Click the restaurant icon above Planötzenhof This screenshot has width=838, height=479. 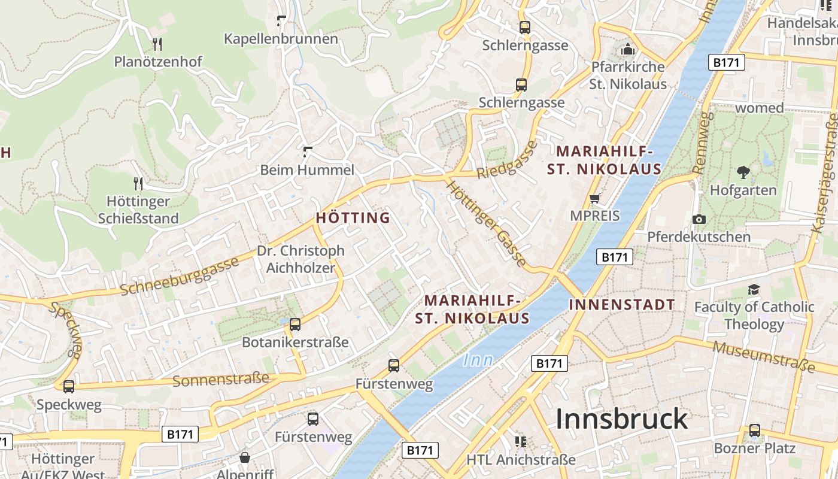[157, 44]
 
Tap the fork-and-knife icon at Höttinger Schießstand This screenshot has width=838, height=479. [138, 183]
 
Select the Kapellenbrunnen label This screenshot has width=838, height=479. [281, 39]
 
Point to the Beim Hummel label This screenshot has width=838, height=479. [307, 170]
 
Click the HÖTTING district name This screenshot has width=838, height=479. [353, 218]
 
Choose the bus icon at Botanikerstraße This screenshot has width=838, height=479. [294, 325]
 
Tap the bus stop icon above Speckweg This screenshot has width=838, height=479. [69, 387]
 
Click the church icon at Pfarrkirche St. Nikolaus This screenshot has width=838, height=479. [627, 49]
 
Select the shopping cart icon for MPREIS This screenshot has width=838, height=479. [594, 198]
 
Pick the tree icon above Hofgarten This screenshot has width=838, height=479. [743, 173]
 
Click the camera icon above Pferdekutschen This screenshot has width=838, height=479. [699, 219]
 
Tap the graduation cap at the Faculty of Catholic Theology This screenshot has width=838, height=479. [754, 290]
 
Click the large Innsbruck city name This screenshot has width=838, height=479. [622, 419]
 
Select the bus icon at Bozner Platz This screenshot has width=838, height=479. [754, 431]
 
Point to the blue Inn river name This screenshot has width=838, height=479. [478, 360]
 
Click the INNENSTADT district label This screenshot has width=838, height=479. [622, 305]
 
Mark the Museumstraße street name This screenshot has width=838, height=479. [764, 356]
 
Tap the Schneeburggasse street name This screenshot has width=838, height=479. [180, 276]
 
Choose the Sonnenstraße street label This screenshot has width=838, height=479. [221, 379]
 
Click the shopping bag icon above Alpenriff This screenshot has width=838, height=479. [245, 458]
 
